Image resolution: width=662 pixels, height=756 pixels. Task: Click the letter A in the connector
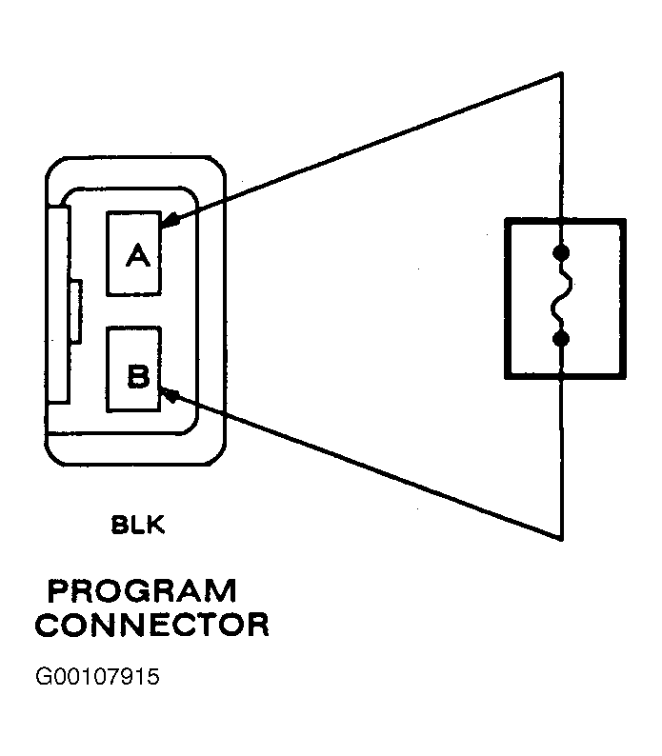tap(138, 255)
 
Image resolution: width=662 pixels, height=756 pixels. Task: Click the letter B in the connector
tap(138, 376)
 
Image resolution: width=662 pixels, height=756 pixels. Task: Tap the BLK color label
tap(138, 525)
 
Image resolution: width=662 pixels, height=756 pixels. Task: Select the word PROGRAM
tap(142, 591)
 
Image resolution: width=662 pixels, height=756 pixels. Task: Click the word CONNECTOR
tap(152, 625)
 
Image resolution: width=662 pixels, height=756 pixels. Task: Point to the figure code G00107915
tap(97, 676)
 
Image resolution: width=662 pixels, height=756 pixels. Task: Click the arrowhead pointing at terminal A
tap(170, 220)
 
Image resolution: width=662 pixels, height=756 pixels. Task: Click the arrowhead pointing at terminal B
tap(170, 394)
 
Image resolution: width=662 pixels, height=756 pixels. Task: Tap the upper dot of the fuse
tap(561, 252)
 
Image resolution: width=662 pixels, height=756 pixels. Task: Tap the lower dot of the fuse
tap(561, 339)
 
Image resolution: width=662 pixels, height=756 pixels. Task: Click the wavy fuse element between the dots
tap(561, 295)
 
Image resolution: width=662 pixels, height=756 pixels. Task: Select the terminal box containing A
tap(133, 253)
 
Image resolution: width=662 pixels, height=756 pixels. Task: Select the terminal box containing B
tap(133, 369)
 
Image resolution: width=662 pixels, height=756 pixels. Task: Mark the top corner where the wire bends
tap(561, 73)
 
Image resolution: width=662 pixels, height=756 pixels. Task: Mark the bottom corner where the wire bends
tap(561, 540)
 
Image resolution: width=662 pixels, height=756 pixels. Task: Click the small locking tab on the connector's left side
tap(76, 311)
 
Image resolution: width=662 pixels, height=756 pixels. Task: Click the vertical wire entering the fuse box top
tap(561, 146)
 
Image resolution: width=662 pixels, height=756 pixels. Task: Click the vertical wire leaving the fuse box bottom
tap(561, 460)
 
